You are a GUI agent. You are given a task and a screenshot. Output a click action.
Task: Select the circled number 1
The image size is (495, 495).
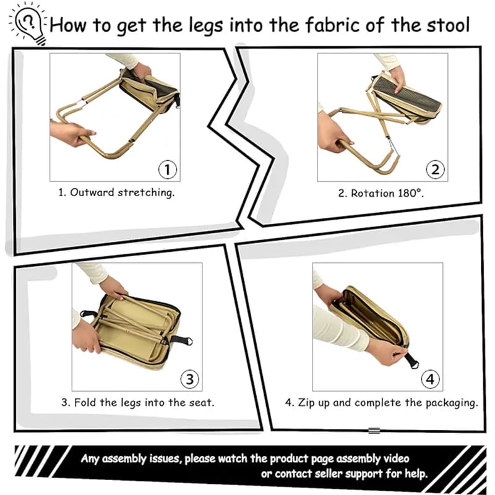coord(168,169)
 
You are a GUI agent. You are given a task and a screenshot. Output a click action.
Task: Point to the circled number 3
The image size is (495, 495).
coord(189,378)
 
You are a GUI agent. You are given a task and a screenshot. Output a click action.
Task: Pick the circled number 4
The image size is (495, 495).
coord(429,378)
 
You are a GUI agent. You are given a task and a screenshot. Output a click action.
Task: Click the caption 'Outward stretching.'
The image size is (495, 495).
coord(122,192)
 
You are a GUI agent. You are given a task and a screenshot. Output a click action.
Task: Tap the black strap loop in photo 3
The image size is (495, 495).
coord(181,340)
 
